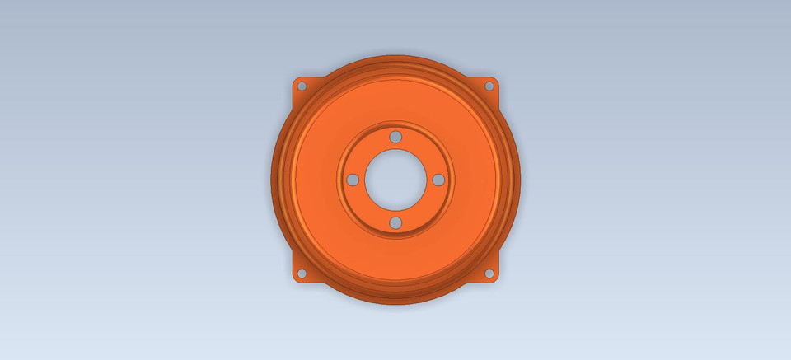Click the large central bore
[395, 180]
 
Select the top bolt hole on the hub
[395, 136]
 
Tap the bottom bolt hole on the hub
[395, 222]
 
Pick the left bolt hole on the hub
[352, 180]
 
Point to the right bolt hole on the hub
[438, 180]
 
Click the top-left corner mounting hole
[302, 86]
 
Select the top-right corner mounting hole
[489, 85]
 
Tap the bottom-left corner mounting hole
[302, 274]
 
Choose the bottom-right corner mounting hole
[489, 274]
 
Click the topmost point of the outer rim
[395, 55]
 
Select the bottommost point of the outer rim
[395, 305]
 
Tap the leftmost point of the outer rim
[271, 180]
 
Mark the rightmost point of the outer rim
[520, 180]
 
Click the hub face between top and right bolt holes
[426, 149]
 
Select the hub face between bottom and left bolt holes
[365, 210]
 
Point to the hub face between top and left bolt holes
[365, 149]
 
